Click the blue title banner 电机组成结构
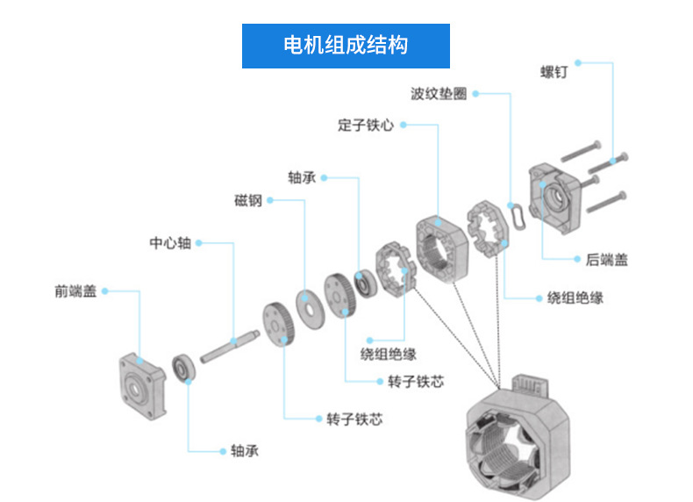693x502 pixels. click(346, 46)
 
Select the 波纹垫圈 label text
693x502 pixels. click(439, 94)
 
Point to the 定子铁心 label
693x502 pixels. click(366, 125)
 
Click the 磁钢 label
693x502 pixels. click(247, 200)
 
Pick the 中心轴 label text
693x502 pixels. click(169, 243)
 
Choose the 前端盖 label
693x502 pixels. click(75, 290)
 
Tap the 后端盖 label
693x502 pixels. click(607, 259)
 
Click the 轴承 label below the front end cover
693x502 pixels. click(245, 451)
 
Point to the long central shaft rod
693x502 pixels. click(231, 344)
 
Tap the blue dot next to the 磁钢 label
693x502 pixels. click(269, 200)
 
